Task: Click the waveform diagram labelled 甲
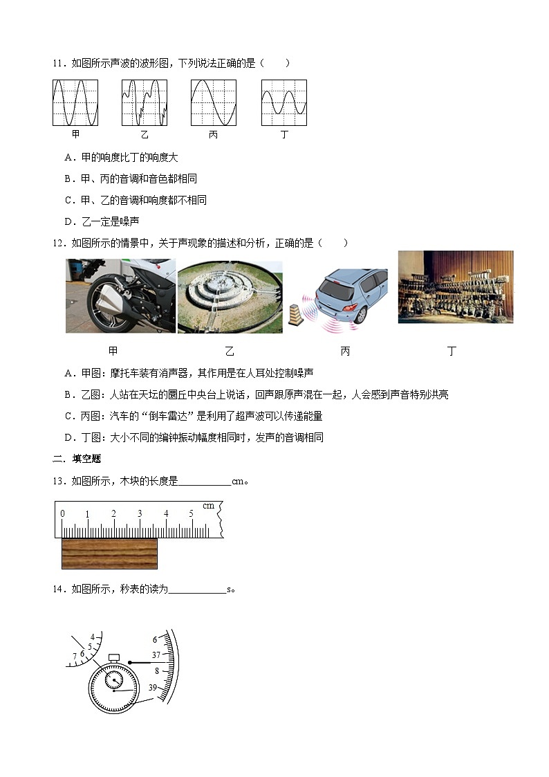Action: (75, 102)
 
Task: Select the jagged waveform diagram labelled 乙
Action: (145, 102)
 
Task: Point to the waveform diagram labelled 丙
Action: (214, 102)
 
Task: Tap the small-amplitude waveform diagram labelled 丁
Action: (284, 102)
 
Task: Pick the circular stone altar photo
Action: (230, 297)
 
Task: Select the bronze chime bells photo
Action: (456, 286)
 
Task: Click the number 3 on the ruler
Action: (140, 513)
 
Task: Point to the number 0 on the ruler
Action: (63, 513)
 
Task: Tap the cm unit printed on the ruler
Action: (208, 506)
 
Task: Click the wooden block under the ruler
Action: (109, 553)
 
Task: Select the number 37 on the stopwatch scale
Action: (156, 655)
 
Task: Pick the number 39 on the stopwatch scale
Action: (153, 686)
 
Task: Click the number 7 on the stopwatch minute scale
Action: (74, 657)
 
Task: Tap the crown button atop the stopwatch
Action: (114, 656)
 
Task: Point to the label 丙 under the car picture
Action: (345, 351)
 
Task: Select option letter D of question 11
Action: (68, 221)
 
